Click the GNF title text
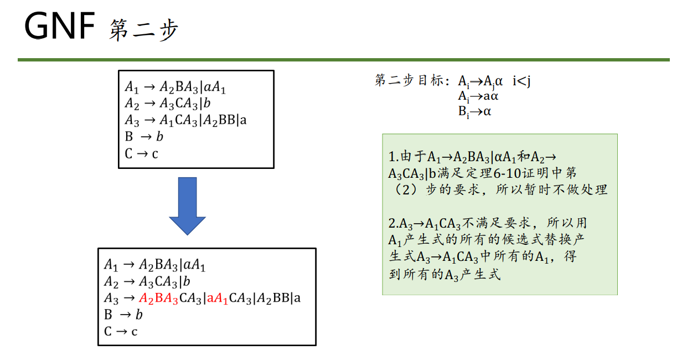60,27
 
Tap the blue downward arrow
187,205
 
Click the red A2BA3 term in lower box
159,299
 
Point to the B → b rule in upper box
144,137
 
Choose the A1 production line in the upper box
175,88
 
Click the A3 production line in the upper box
185,120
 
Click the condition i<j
521,81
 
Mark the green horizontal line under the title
343,59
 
